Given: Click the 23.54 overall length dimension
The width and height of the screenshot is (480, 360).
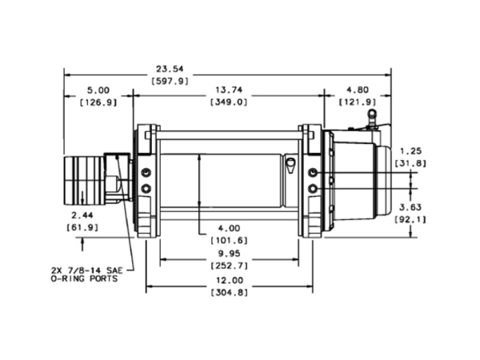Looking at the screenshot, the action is coord(170,69).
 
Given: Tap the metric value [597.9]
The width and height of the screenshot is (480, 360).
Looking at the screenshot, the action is coord(170,82).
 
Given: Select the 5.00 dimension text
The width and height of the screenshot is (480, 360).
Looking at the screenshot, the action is coord(98,90).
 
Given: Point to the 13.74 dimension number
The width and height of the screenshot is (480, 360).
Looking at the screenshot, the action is coord(229,90).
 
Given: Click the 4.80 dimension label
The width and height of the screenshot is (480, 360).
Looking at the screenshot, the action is coord(358,90).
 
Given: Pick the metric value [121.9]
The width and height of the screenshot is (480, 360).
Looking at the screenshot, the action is coord(358,102).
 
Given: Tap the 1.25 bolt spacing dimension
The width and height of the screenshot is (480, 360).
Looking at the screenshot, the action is coord(410,151).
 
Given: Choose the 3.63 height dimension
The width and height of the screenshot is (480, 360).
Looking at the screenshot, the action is coord(410,207).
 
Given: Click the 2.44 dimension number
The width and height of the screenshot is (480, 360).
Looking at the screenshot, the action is coord(82,215).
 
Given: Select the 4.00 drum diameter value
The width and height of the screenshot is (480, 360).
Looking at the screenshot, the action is coord(229,228).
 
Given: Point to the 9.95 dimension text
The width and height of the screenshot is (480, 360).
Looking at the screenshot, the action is coord(229,254).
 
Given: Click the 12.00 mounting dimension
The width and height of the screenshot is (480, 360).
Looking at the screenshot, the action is coord(230,281).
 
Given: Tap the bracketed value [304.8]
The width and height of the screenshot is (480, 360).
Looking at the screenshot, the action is coord(230,293).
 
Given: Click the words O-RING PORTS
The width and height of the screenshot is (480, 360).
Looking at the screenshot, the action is coord(84,279).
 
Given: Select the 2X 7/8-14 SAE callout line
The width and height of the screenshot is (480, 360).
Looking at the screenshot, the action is coord(86,270).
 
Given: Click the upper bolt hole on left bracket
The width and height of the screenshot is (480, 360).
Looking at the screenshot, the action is coord(146,173).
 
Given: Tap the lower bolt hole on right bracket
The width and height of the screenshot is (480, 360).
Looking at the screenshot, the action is coord(313,188).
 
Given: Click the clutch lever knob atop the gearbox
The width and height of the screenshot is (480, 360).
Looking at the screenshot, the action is coord(372,114).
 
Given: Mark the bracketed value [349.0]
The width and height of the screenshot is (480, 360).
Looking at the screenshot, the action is coord(229,102).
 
